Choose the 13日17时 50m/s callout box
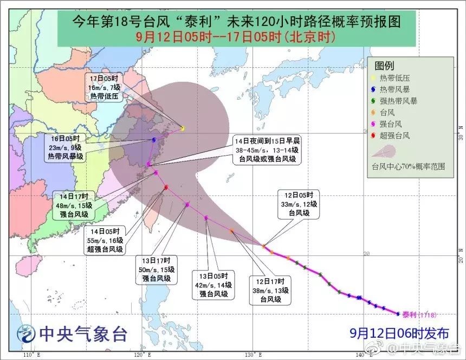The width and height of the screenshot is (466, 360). (x=157, y=269)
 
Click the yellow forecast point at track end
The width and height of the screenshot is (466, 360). (x=183, y=128)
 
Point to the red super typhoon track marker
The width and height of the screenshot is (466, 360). (x=166, y=188)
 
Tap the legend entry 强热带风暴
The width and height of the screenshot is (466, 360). (x=398, y=101)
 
